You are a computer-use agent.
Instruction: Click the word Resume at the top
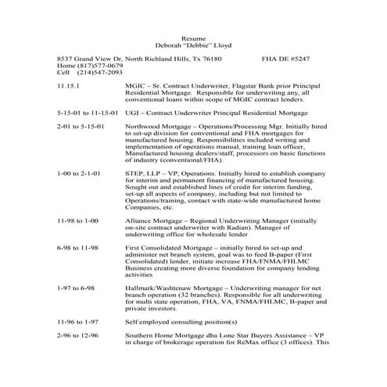point(192,38)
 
